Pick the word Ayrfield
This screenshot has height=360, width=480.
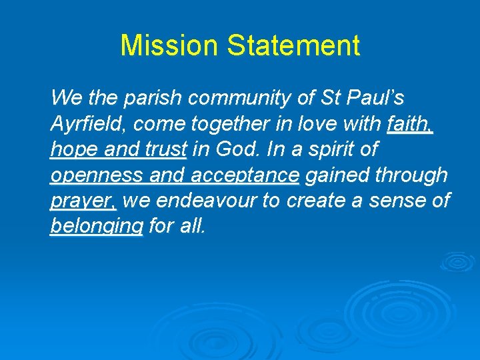point(81,124)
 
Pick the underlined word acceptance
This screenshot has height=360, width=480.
point(244,175)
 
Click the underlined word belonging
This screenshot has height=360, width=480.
point(96,227)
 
